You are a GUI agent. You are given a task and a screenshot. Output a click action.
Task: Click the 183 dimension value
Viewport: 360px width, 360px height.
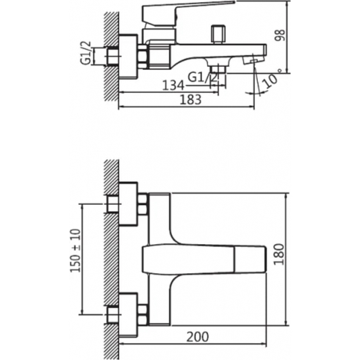190,99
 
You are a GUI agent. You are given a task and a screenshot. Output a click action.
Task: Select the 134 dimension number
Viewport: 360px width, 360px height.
173,85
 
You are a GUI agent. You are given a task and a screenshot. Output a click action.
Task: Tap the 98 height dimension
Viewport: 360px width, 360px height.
280,35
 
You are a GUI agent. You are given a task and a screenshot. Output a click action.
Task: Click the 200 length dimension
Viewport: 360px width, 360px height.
198,337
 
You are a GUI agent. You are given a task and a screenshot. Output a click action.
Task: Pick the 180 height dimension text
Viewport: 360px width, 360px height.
279,255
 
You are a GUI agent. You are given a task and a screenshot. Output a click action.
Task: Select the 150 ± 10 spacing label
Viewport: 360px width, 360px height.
75,251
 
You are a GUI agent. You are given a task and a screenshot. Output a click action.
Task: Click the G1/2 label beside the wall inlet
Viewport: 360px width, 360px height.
85,53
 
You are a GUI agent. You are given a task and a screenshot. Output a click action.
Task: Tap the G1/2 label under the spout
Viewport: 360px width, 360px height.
202,77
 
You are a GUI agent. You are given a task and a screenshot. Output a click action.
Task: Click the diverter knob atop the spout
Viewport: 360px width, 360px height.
218,34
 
